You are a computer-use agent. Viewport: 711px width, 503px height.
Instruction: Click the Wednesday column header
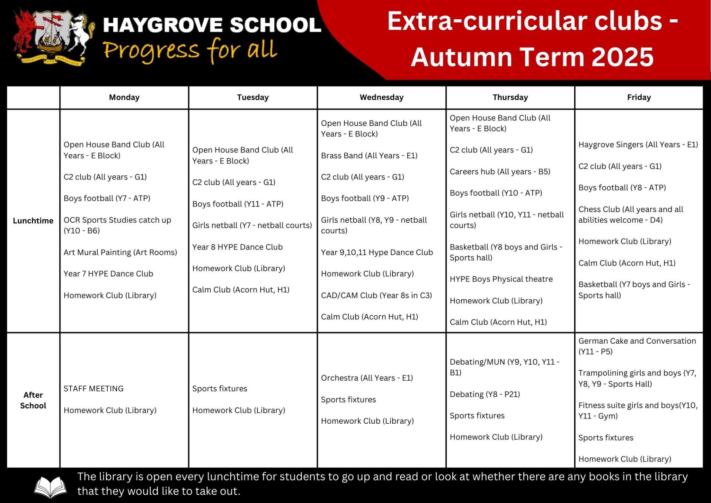coord(381,97)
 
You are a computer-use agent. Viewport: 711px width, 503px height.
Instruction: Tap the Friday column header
coord(639,97)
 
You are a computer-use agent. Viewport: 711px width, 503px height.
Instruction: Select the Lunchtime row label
coord(33,221)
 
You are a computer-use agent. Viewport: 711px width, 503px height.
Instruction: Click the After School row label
coord(33,400)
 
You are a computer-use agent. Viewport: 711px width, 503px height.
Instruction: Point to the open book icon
coord(50,487)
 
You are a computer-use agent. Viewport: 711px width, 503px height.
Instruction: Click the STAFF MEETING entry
coord(93,389)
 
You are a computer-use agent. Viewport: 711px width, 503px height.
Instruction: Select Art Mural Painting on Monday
coord(120,252)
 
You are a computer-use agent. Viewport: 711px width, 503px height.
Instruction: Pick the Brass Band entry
coord(369,156)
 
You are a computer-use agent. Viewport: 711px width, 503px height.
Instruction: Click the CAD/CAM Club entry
coord(376,295)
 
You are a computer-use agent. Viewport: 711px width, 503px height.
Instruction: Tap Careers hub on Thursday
coord(500,172)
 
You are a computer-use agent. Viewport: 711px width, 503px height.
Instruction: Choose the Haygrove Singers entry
coord(638,145)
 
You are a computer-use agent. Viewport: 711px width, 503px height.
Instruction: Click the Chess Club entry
coord(631,215)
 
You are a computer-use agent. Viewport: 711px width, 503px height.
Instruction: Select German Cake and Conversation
coord(637,346)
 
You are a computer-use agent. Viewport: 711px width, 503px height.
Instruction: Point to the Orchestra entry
coord(367,378)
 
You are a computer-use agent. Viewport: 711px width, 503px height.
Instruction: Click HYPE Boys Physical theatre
coord(501,279)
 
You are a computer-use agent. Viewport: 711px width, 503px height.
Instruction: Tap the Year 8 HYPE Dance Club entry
coord(237,247)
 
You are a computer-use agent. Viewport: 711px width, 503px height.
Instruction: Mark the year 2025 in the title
coord(622,57)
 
